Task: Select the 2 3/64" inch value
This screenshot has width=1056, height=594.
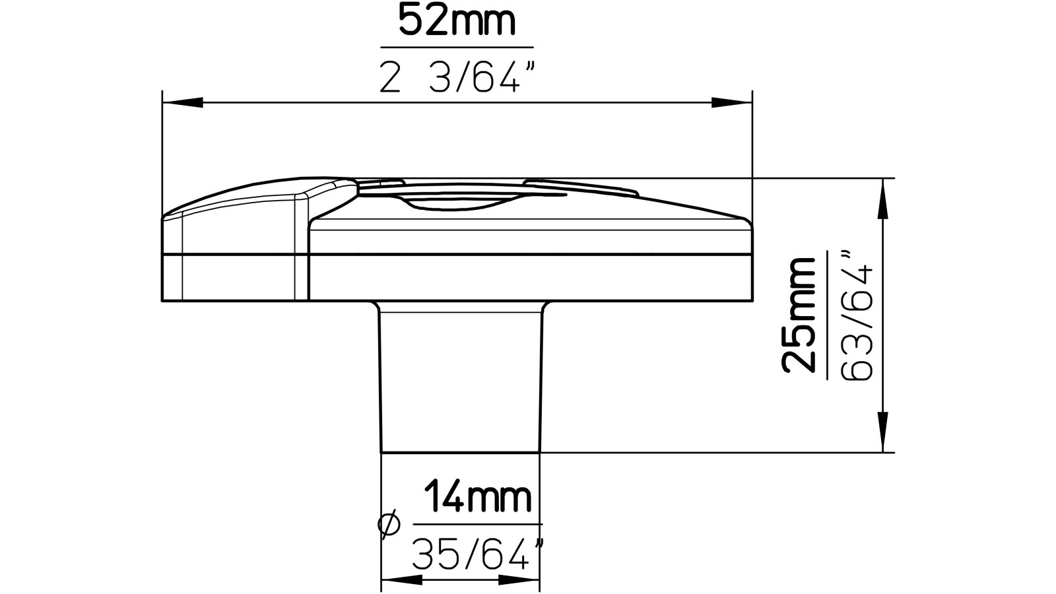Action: [457, 79]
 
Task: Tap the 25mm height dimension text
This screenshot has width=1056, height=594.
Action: [799, 315]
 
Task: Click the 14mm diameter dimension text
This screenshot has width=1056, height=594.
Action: [477, 499]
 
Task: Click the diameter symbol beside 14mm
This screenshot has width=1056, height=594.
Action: [389, 524]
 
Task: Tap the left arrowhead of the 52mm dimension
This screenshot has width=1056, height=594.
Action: [182, 102]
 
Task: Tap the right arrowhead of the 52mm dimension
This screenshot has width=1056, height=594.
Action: [731, 102]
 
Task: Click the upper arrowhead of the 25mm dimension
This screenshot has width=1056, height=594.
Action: [882, 198]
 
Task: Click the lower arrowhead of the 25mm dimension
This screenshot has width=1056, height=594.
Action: [882, 432]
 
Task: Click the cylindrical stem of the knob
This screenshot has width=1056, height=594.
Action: [461, 376]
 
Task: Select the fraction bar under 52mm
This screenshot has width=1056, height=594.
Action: [457, 48]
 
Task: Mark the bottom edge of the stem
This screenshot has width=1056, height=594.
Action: [461, 452]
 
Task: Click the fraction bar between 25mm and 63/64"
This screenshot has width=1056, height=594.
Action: [828, 315]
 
